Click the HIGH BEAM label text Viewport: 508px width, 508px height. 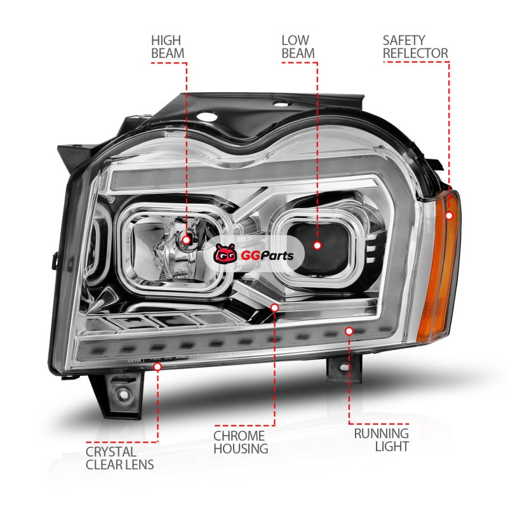pos(168,47)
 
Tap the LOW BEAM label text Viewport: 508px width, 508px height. pos(298,47)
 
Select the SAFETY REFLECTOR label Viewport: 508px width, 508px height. pos(415,47)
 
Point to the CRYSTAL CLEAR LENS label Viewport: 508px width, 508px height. pos(119,458)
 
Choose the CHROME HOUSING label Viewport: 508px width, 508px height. pos(241,442)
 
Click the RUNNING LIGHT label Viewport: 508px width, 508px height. pos(382,440)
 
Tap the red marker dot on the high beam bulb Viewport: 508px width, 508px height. pos(186,240)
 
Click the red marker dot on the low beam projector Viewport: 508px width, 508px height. pos(317,245)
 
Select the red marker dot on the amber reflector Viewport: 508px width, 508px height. pos(449,215)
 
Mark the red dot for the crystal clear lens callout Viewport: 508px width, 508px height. pos(157,366)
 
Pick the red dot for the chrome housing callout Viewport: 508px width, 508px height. pos(275,307)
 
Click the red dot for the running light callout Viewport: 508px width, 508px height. pos(349,331)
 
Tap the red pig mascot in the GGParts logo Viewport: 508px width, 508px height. pos(225,254)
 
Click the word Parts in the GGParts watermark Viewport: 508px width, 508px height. pos(277,256)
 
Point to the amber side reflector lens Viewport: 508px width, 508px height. pos(438,265)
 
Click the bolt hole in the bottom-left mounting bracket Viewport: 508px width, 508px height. pos(123,394)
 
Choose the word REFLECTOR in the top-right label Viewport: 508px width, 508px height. pos(415,53)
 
